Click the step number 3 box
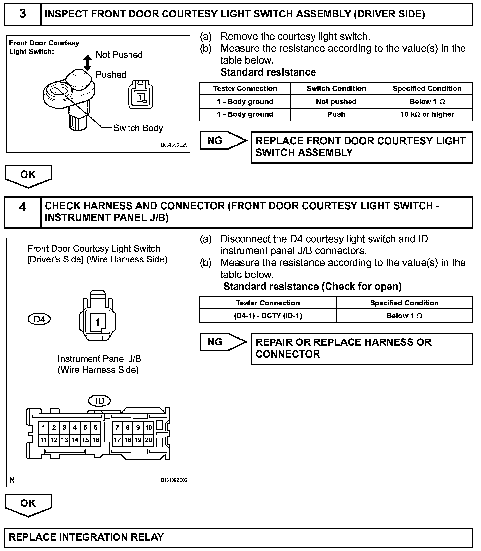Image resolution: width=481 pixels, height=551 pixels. click(x=22, y=14)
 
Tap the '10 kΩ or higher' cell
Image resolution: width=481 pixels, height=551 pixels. click(x=427, y=114)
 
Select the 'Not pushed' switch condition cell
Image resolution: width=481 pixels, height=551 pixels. click(x=336, y=102)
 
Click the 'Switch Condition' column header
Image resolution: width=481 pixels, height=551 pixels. click(x=336, y=89)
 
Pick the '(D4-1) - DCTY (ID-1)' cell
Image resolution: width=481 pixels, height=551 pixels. click(x=268, y=316)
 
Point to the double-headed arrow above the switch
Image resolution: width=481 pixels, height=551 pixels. click(x=87, y=63)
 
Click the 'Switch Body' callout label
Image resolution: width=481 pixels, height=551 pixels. click(x=138, y=128)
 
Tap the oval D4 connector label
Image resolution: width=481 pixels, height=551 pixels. click(x=39, y=319)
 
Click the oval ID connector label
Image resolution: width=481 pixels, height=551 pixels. click(x=99, y=401)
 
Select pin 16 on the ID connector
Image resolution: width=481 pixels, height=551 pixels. click(x=96, y=440)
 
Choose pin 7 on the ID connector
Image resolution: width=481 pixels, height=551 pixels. click(x=117, y=428)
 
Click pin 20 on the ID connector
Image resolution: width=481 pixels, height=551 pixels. click(x=149, y=440)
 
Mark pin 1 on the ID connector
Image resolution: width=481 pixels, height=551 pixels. click(x=44, y=428)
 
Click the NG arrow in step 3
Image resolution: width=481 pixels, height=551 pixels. click(x=223, y=141)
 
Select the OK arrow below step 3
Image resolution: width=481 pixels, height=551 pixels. click(x=28, y=176)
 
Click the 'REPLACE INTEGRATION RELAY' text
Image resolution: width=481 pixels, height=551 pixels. click(x=86, y=537)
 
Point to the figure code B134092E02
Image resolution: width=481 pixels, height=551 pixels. click(x=174, y=480)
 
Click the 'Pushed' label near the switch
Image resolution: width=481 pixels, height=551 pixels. click(x=111, y=75)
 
